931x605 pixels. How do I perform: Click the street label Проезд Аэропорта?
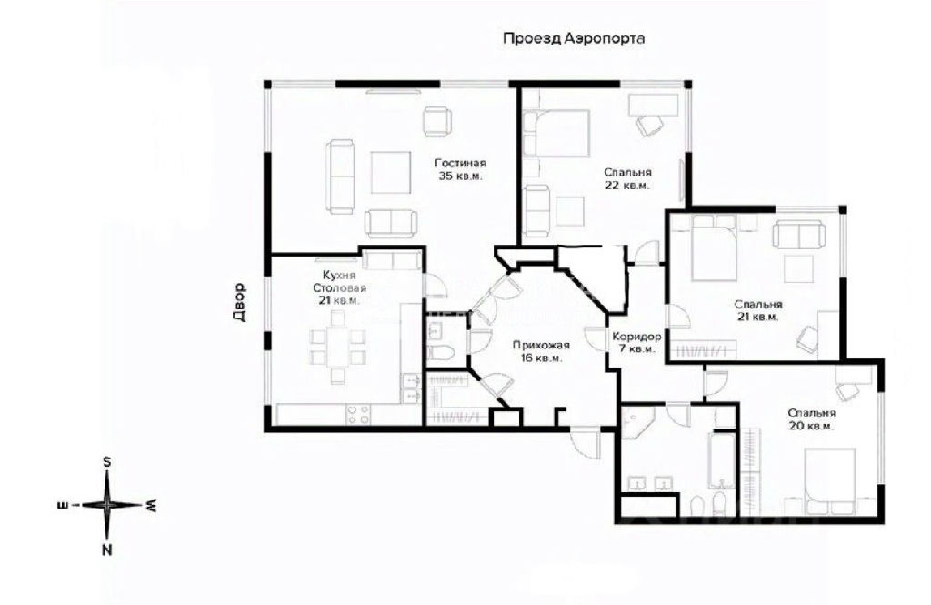pos(574,38)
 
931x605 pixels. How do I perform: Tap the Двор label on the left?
pos(239,301)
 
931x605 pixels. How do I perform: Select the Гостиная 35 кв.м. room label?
pos(460,169)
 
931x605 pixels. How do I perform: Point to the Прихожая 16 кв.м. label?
pos(541,351)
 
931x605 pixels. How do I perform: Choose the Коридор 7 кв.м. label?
pos(636,342)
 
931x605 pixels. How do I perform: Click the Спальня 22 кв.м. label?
pos(627,178)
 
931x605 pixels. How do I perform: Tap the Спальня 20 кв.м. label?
pos(812,419)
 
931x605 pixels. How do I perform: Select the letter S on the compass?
pos(107,462)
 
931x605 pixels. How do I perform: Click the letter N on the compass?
pos(107,550)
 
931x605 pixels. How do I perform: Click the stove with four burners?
pos(358,414)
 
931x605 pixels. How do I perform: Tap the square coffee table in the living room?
pos(391,172)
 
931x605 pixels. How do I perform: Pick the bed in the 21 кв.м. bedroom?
pos(715,247)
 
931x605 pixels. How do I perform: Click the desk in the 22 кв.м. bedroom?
pos(653,105)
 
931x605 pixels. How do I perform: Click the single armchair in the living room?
pos(438,122)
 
